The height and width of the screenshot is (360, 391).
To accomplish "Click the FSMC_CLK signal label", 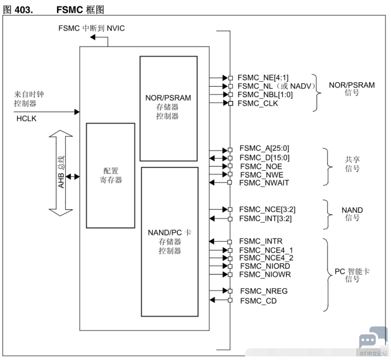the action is point(258,103).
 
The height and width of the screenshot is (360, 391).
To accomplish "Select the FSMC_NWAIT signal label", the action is point(264,183).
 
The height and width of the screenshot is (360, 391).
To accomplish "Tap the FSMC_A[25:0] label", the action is point(264,148).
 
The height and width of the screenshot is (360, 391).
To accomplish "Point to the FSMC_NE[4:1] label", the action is point(263,78).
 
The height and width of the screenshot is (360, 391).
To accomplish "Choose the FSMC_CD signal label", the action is point(258,301).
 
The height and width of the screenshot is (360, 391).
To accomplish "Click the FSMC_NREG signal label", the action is point(264,291).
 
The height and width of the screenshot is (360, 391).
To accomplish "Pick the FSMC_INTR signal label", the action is point(261,241).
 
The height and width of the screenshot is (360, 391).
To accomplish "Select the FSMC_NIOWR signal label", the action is point(265,275).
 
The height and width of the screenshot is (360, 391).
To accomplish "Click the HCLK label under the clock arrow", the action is point(26,119).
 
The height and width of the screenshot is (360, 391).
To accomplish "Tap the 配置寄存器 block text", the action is point(111,175).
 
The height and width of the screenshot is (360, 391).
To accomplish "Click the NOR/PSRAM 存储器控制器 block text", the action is point(168,107).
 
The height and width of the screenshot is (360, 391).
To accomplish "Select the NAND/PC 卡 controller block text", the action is point(170,241).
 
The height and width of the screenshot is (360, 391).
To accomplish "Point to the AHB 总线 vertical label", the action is point(61,172).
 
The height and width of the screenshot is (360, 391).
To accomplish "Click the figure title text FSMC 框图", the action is point(80,10).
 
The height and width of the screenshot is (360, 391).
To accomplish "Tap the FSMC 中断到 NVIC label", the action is point(91,28).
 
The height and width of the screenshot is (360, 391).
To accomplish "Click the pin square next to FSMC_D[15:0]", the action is point(230,158).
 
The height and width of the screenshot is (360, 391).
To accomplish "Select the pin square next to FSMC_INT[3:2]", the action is point(230,219).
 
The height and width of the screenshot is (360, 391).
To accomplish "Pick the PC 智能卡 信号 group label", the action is point(352,275).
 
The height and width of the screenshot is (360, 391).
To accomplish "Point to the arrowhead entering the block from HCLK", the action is point(77,112).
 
